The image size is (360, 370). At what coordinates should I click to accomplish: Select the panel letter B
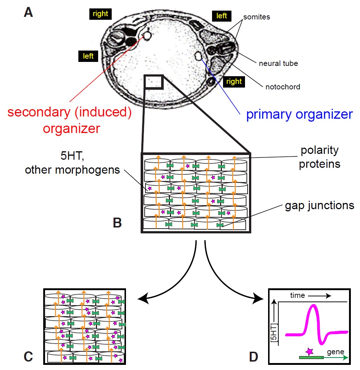point(117,222)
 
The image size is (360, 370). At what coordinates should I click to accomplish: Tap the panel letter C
point(28,356)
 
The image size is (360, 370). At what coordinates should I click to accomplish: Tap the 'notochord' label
point(283,87)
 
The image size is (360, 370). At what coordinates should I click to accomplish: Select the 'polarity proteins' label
point(319,157)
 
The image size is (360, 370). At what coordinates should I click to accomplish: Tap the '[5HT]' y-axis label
point(274,333)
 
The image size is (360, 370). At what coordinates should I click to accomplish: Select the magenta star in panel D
point(310,352)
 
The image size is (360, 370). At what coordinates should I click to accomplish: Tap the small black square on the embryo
point(153,82)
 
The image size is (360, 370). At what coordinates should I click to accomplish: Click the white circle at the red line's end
point(147,36)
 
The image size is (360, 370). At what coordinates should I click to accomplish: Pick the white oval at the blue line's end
point(198,56)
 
